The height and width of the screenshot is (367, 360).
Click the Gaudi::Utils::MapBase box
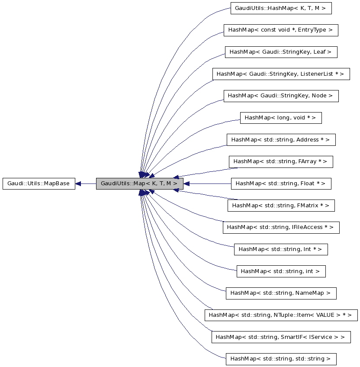click(39, 183)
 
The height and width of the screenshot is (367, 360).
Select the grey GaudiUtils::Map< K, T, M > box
click(139, 183)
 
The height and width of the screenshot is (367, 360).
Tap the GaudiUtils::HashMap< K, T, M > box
click(281, 8)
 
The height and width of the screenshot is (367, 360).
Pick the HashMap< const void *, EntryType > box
click(280, 30)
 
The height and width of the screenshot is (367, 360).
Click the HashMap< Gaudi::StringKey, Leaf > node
click(280, 52)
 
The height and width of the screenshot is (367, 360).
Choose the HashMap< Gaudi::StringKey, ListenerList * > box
click(280, 74)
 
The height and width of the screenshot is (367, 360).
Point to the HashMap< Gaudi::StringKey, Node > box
click(280, 96)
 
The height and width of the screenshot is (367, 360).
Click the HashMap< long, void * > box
click(280, 118)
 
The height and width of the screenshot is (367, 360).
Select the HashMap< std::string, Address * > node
click(280, 140)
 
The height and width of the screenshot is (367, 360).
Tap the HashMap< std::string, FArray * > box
click(280, 161)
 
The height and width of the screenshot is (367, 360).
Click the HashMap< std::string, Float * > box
click(280, 183)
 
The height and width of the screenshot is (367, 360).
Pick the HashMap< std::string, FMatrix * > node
click(281, 206)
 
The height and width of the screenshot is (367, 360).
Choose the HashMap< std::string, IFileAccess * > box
click(280, 227)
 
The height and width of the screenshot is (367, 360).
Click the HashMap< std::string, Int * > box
click(280, 249)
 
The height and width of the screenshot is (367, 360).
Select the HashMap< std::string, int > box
click(280, 271)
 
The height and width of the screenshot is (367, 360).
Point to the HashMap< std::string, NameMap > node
click(280, 293)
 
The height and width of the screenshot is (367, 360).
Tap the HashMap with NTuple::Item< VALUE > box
click(281, 315)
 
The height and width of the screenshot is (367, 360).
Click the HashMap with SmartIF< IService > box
click(280, 337)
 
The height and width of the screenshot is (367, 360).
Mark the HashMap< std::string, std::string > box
click(280, 359)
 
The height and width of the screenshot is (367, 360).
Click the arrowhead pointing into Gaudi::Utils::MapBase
click(78, 183)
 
